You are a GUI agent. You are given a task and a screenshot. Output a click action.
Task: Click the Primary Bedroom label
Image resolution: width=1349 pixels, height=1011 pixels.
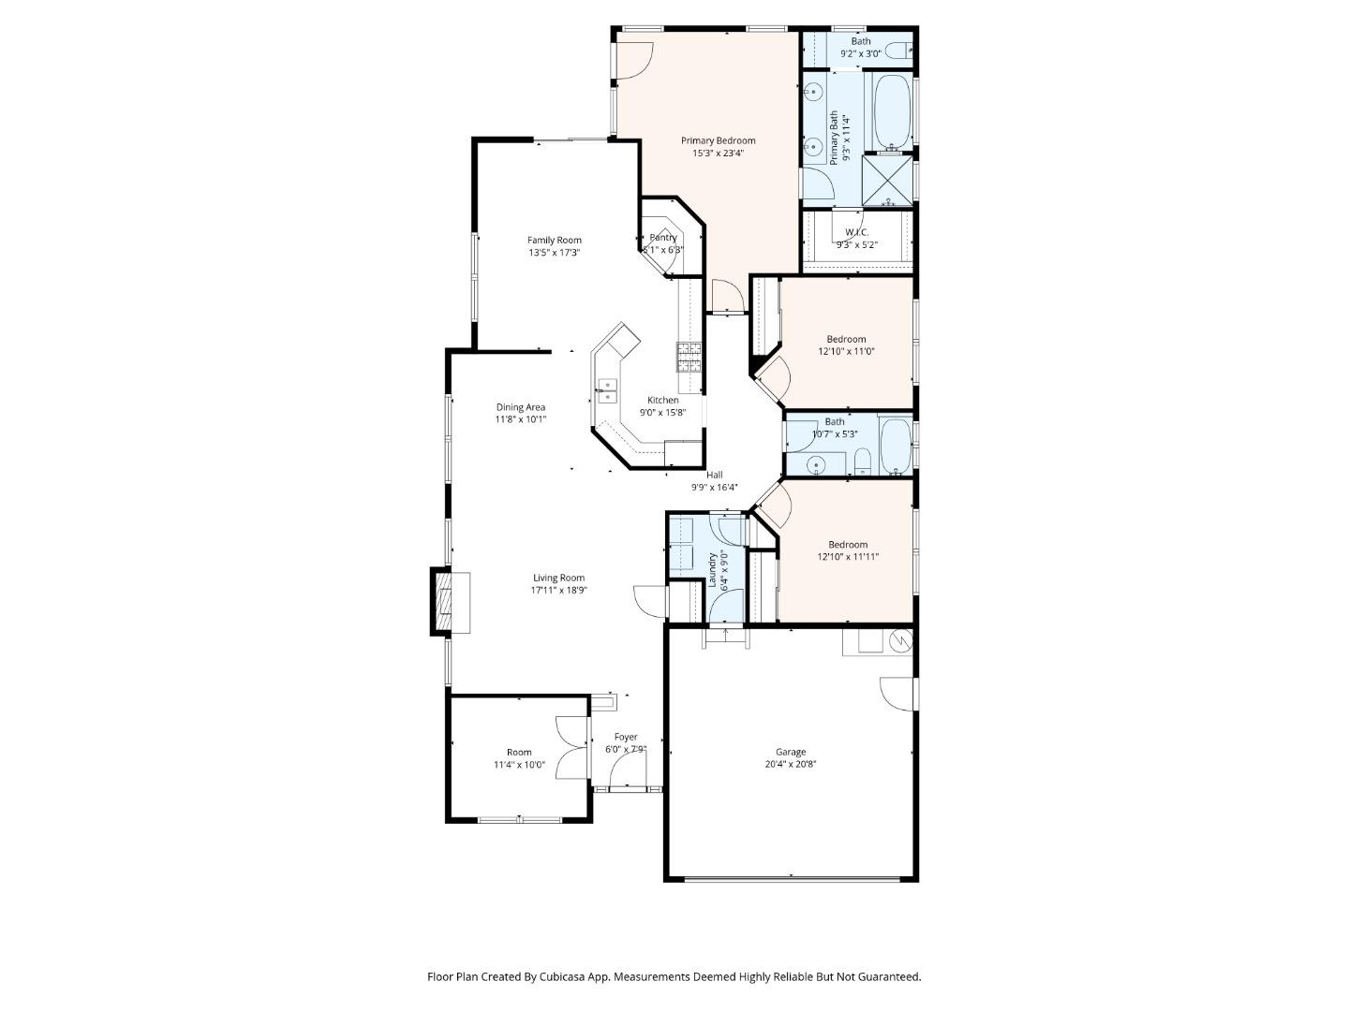pos(718,140)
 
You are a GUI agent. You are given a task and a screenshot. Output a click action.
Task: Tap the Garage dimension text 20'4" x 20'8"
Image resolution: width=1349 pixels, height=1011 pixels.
pos(790,764)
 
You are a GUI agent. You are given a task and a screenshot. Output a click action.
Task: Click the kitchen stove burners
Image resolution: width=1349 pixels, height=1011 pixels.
pos(689,357)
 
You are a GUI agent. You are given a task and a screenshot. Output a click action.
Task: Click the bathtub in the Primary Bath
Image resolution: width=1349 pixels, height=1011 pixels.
pos(892,112)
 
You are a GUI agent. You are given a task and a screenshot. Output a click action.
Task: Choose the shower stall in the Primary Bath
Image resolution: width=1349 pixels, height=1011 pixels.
pos(886,181)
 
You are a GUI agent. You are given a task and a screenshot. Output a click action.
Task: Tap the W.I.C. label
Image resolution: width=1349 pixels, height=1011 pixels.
pos(856,232)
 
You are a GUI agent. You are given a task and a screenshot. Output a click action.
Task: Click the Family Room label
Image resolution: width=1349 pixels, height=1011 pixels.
pos(554,240)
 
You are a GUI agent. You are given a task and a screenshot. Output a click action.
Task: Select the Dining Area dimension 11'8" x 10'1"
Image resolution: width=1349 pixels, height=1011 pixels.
pos(520,419)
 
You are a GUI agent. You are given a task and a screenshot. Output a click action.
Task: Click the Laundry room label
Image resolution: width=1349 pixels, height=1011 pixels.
pos(712,569)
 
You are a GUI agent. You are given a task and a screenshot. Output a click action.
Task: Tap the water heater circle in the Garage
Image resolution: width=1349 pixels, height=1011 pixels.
pos(900,641)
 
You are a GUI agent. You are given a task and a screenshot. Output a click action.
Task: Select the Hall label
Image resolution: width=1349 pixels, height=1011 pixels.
pos(714,475)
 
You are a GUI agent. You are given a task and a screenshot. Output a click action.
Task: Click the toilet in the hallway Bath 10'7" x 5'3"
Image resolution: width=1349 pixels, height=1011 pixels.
pos(863,461)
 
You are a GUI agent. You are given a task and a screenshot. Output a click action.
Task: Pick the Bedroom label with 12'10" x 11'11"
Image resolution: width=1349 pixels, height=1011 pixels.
pos(847,544)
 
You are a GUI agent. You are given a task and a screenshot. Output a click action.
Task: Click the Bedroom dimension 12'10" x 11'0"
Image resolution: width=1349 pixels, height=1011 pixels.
pos(846,351)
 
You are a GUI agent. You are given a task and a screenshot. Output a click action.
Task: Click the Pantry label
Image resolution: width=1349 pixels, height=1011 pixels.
pos(663,238)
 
